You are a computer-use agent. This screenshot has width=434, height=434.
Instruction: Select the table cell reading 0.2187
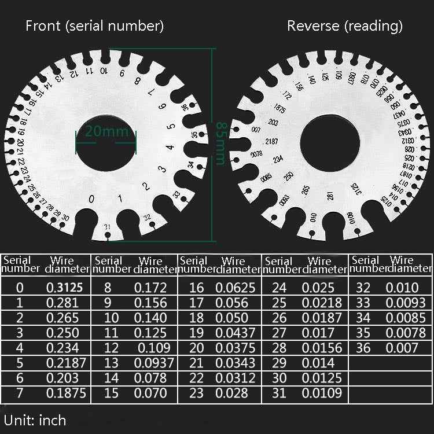[66, 363]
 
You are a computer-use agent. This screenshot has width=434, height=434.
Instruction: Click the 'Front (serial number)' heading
[95, 26]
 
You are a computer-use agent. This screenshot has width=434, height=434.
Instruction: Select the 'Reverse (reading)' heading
[345, 26]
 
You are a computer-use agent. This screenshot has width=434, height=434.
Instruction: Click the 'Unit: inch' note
[35, 420]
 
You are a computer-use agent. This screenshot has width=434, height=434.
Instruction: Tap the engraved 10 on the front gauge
[103, 71]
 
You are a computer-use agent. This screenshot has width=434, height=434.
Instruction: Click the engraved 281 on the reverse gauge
[330, 196]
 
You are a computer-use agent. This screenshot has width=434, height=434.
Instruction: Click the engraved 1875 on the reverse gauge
[280, 108]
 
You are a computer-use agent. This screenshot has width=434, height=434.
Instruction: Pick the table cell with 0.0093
[406, 303]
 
